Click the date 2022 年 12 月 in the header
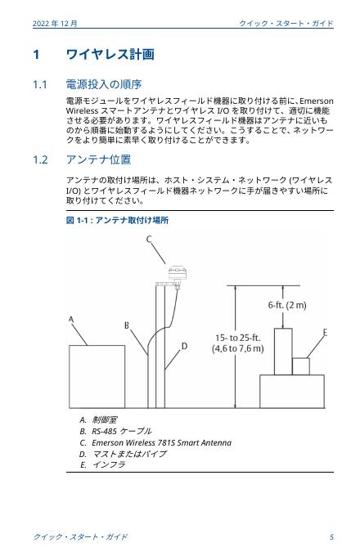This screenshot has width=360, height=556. pyautogui.click(x=55, y=24)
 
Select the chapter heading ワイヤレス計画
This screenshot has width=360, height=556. pyautogui.click(x=110, y=55)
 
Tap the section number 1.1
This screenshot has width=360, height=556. pyautogui.click(x=40, y=85)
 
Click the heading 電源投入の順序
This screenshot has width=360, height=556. pyautogui.click(x=104, y=84)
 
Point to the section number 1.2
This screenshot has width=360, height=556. pyautogui.click(x=40, y=160)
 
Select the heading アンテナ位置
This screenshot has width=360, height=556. pyautogui.click(x=99, y=159)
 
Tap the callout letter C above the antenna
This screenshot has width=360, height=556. pyautogui.click(x=150, y=240)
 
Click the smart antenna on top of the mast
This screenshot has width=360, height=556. pyautogui.click(x=178, y=273)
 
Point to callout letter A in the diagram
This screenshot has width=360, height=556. pyautogui.click(x=71, y=320)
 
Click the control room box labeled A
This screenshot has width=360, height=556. pyautogui.click(x=97, y=377)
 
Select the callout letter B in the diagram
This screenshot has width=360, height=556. pyautogui.click(x=127, y=325)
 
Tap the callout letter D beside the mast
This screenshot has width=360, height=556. pyautogui.click(x=184, y=346)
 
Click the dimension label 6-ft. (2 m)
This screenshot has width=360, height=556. pyautogui.click(x=287, y=305)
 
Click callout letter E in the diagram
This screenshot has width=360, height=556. pyautogui.click(x=325, y=333)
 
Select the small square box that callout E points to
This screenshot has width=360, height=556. pyautogui.click(x=301, y=366)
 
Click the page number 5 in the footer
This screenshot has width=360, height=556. pyautogui.click(x=331, y=537)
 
